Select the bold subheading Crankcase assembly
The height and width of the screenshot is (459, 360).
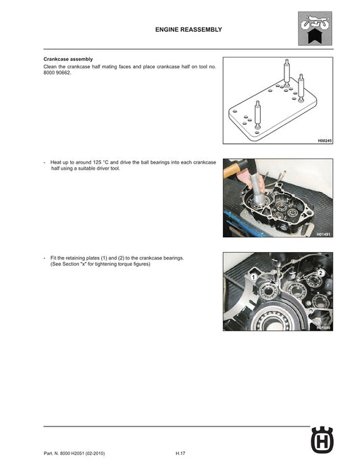tap(68, 59)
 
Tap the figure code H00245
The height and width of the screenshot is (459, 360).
tap(324, 140)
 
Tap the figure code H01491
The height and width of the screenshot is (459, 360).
tap(324, 233)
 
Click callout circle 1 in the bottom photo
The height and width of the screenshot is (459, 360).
tap(252, 277)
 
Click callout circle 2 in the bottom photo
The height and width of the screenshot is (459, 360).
tap(321, 272)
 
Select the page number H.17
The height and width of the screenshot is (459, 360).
tap(180, 452)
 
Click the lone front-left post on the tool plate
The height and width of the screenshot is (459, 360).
tap(257, 112)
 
